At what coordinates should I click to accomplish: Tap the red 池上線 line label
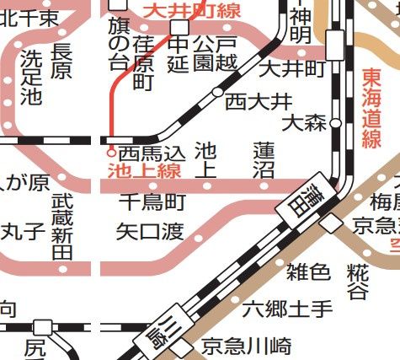tap(146, 172)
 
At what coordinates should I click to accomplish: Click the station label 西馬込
tap(151, 154)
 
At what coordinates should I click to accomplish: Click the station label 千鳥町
tap(152, 202)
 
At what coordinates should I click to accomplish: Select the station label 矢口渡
tap(150, 230)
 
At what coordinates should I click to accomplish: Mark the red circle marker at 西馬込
tap(111, 153)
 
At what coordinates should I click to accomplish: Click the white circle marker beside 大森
tap(335, 123)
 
